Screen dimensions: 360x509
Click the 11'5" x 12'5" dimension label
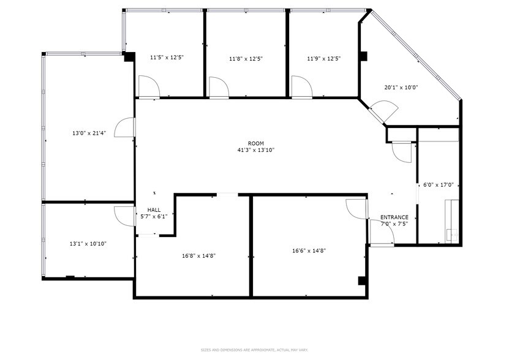click(x=167, y=58)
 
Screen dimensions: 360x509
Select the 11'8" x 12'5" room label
click(x=246, y=59)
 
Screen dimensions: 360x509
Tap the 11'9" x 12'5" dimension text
click(x=323, y=59)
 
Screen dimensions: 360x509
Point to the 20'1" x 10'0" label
click(x=401, y=87)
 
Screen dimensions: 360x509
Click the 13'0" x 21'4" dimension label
click(x=89, y=133)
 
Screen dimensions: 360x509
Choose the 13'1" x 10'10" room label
click(x=88, y=243)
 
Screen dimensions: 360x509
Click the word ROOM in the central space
click(x=255, y=143)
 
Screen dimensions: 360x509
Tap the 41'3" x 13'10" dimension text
click(x=255, y=150)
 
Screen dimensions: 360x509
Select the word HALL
click(x=154, y=209)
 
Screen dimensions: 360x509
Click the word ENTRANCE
click(x=394, y=217)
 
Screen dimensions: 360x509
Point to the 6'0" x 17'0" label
click(x=438, y=184)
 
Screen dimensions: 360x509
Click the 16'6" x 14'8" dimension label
click(x=309, y=250)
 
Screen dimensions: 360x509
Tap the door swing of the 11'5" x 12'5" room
click(x=148, y=86)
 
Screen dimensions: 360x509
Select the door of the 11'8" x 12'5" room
click(x=219, y=87)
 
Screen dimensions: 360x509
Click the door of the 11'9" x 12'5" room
click(x=301, y=86)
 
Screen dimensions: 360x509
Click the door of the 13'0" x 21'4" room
click(x=125, y=129)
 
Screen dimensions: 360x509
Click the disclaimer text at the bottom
click(x=254, y=350)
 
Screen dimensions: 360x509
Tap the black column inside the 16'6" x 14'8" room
click(x=361, y=282)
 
